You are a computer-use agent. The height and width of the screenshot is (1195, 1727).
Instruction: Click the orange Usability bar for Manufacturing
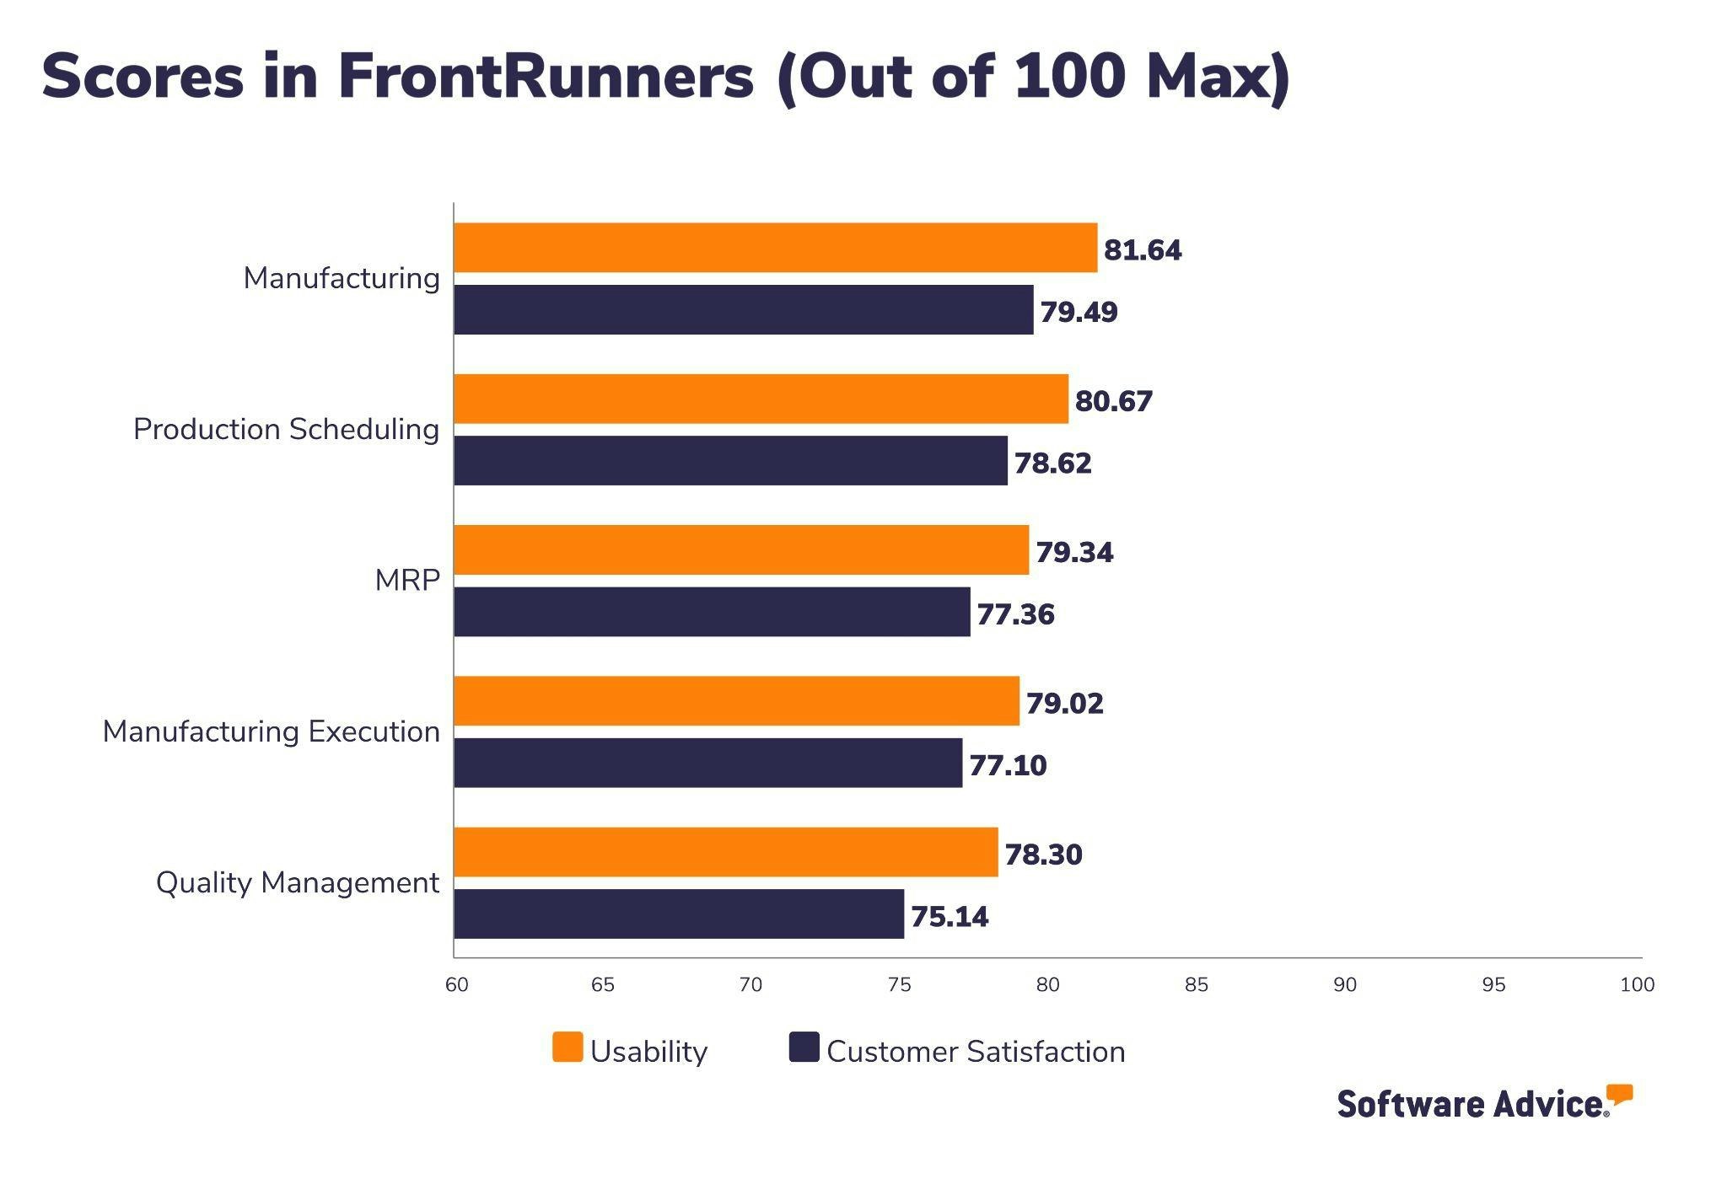(775, 248)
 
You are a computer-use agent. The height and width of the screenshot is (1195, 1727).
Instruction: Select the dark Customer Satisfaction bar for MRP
(712, 612)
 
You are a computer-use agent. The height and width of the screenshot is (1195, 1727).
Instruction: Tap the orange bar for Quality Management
(725, 852)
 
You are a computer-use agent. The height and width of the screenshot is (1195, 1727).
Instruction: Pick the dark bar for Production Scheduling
(730, 460)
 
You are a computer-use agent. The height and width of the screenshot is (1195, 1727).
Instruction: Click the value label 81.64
(1143, 250)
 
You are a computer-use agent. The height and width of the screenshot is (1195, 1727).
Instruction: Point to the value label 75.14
(950, 917)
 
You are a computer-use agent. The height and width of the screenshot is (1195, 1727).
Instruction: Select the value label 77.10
(1008, 765)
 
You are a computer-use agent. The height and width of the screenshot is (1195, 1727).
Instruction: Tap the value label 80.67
(1113, 401)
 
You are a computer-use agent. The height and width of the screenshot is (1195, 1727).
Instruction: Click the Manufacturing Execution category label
(271, 731)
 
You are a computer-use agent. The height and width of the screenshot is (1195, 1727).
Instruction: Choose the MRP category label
(407, 581)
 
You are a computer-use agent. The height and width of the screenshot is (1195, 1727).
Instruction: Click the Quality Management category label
(298, 882)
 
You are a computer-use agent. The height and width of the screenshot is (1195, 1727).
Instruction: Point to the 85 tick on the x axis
(1196, 984)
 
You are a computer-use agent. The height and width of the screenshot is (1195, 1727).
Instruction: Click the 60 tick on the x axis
(456, 984)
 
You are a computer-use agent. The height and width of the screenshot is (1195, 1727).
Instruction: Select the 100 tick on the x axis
(1637, 984)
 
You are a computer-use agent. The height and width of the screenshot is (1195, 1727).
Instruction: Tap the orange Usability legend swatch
(568, 1047)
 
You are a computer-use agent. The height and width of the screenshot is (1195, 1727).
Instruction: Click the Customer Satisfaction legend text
(976, 1052)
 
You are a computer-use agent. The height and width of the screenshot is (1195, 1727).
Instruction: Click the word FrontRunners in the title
(546, 76)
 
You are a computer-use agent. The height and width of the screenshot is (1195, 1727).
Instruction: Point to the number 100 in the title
(1069, 76)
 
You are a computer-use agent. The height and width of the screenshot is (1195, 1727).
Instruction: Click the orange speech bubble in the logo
(1619, 1094)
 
